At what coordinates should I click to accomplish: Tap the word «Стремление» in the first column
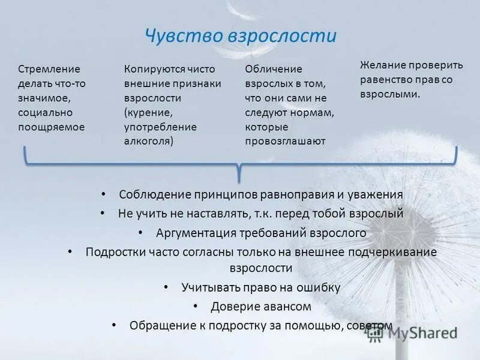tap(49, 69)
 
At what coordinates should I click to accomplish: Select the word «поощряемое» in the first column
tap(52, 127)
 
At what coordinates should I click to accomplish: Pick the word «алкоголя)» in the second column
tap(149, 141)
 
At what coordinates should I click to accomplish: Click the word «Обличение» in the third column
tap(274, 69)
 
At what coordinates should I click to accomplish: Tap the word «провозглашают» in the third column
tap(285, 141)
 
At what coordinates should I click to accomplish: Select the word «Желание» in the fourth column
tap(383, 65)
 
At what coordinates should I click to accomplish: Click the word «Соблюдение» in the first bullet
tap(155, 194)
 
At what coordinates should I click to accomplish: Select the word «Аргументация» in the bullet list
tap(195, 232)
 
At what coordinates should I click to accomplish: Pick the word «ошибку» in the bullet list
tap(317, 287)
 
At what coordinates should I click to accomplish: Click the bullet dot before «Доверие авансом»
tap(196, 306)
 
